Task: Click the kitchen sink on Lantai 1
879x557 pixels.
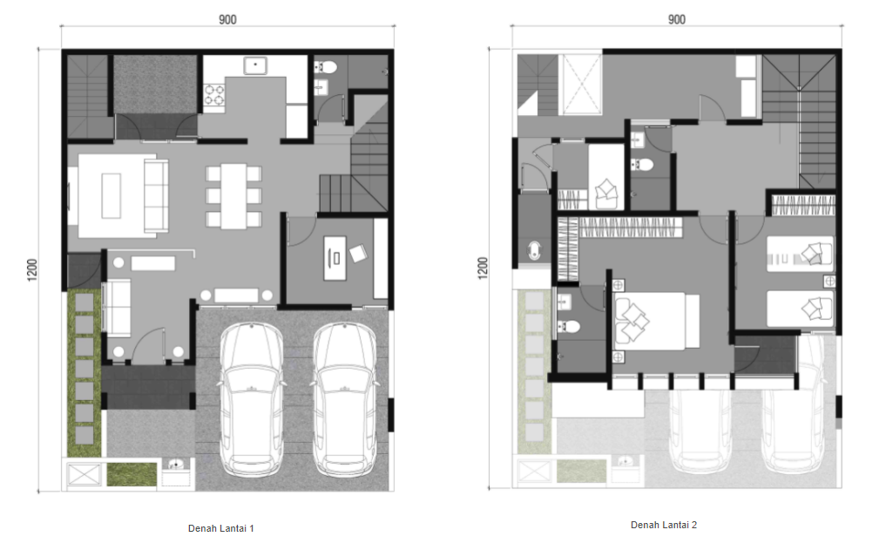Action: coord(255,65)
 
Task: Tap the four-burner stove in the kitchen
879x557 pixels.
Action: coord(213,95)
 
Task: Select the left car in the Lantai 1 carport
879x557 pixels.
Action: coord(251,400)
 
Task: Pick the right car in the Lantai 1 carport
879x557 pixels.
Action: coord(345,400)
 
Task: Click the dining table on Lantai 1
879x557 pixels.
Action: coord(233,196)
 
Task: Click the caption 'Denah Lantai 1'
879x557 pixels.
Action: coord(221,528)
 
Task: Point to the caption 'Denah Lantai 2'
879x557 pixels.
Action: coord(664,525)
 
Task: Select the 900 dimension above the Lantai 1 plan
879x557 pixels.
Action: coord(227,20)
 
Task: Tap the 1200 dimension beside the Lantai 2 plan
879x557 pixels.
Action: coord(483,268)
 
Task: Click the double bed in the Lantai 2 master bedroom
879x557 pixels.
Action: coord(657,321)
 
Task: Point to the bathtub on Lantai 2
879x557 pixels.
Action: coord(534,250)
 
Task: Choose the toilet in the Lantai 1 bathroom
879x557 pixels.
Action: coord(327,68)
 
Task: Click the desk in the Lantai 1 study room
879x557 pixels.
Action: coord(335,258)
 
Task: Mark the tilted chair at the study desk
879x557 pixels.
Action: coord(358,254)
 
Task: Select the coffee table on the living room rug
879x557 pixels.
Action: coord(111,196)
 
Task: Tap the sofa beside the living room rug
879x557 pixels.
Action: coord(157,196)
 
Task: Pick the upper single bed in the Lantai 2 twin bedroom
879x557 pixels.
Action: coord(800,255)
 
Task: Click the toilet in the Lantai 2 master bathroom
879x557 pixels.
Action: coord(570,326)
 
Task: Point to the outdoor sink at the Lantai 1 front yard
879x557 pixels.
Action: coord(176,465)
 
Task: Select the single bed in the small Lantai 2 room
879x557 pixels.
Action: coord(606,177)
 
